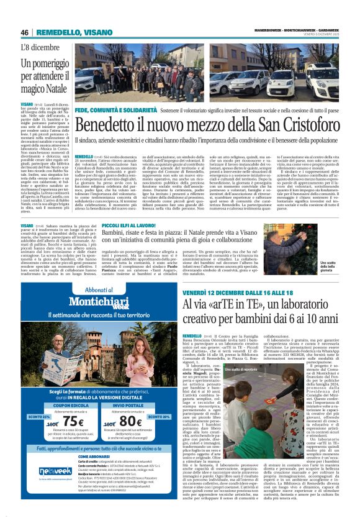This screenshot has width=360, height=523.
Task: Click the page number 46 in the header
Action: [24, 32]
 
